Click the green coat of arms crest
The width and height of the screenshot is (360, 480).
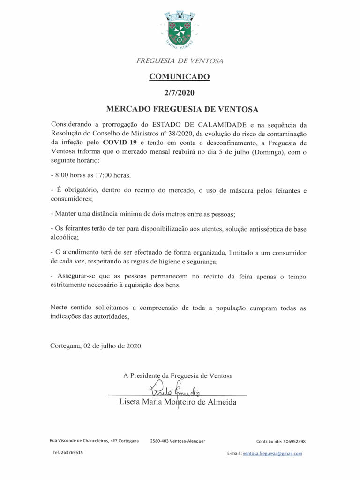[180, 30]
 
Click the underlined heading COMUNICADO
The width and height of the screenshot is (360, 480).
[180, 76]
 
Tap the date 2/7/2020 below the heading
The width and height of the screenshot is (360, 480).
[180, 93]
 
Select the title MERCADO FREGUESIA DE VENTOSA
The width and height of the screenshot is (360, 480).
[182, 109]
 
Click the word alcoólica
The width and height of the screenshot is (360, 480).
[64, 237]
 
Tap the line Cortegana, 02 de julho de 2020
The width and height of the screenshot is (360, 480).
[95, 346]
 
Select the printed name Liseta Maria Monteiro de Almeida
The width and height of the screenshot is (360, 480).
[178, 403]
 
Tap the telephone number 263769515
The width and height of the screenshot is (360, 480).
[72, 453]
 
